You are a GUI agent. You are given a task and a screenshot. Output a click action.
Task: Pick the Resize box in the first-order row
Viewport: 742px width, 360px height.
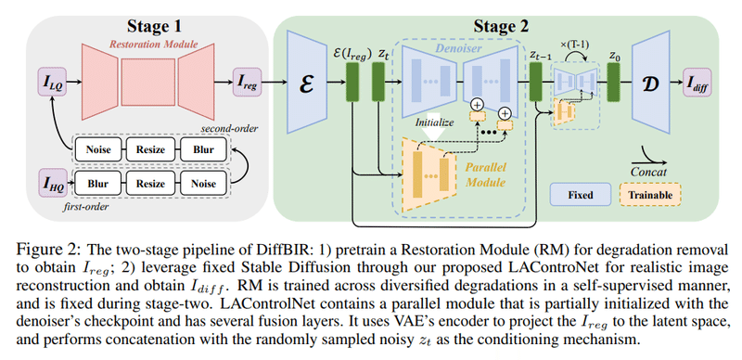(x=152, y=184)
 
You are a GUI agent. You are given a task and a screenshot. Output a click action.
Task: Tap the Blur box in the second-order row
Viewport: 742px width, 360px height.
(x=201, y=149)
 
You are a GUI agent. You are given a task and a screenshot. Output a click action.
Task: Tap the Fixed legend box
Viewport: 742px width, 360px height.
(x=580, y=193)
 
